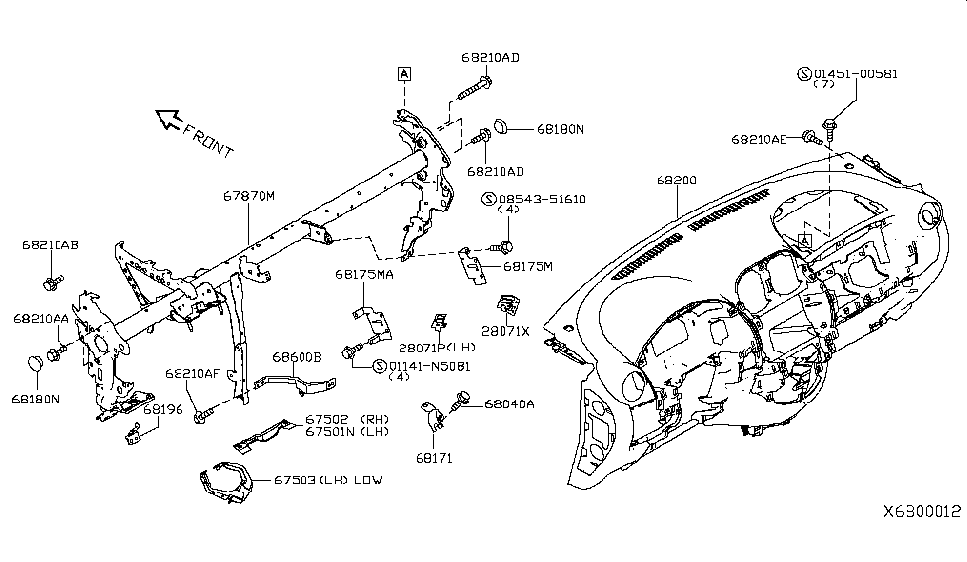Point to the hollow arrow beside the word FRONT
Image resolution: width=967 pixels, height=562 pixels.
(169, 121)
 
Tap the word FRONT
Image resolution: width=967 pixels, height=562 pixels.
(208, 141)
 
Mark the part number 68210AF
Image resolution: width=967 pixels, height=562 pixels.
(192, 373)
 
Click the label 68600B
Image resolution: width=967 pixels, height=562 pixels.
(298, 355)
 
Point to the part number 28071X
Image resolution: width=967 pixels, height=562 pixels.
(507, 329)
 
